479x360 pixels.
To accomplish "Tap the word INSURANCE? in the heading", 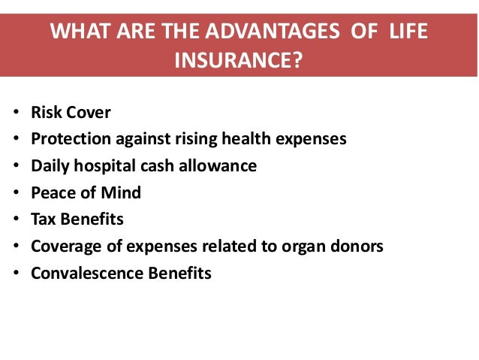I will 239,59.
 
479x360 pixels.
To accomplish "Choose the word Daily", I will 50,166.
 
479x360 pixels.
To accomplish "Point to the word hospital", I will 107,166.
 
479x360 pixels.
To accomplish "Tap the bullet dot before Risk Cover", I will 17,114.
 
